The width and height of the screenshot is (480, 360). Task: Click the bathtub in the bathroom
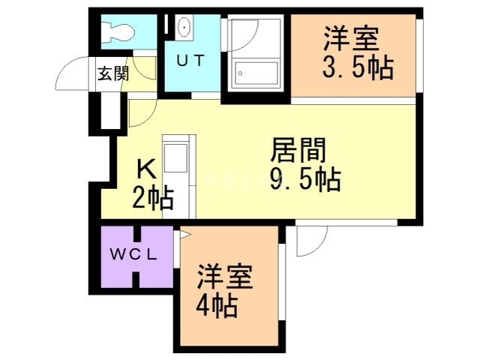pyautogui.click(x=254, y=73)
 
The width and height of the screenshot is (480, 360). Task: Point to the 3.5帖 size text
pyautogui.click(x=358, y=68)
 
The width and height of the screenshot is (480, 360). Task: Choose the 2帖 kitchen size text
pyautogui.click(x=153, y=199)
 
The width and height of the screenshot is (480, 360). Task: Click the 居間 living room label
pyautogui.click(x=298, y=151)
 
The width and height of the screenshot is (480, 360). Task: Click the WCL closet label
pyautogui.click(x=134, y=254)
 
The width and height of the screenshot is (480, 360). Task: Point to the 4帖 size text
pyautogui.click(x=218, y=306)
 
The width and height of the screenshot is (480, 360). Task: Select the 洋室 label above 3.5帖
pyautogui.click(x=351, y=37)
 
